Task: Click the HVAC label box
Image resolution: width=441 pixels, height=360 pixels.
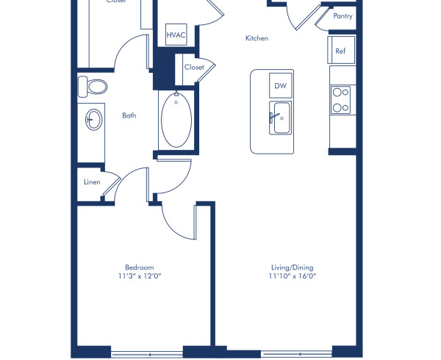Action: [176, 35]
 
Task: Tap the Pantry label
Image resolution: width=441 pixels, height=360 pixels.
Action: [343, 15]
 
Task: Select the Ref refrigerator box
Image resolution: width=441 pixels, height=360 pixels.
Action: [340, 51]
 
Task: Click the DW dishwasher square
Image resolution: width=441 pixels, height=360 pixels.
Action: [280, 85]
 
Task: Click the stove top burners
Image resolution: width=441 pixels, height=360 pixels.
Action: [340, 100]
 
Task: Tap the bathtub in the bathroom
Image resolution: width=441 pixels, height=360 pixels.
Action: [176, 119]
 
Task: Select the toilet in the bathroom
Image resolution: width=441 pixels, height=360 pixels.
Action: [93, 86]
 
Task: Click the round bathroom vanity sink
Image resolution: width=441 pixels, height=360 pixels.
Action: [93, 120]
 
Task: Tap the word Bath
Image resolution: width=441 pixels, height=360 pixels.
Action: [129, 115]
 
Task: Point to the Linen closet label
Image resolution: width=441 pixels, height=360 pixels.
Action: [90, 181]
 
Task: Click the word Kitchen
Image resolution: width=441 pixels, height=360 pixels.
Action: [257, 38]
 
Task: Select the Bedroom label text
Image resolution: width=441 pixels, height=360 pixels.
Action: [139, 267]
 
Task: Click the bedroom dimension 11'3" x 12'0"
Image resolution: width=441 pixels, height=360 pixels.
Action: [139, 277]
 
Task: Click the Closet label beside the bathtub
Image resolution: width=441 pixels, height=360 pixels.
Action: [194, 67]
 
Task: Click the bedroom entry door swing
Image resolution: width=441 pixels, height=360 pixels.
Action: [176, 217]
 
